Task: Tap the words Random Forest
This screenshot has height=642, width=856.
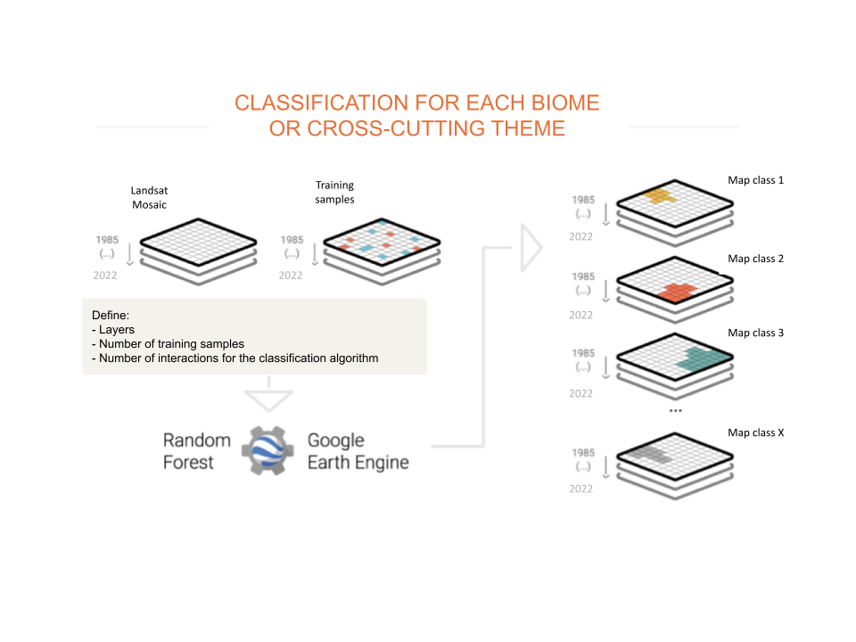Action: click(x=196, y=451)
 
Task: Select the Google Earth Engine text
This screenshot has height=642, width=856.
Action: click(x=358, y=451)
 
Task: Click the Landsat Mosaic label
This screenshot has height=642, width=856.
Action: click(x=148, y=197)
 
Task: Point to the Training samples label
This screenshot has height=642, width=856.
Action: click(x=334, y=192)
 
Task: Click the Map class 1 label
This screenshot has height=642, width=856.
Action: click(x=755, y=180)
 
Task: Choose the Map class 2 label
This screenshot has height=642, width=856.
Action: click(x=755, y=259)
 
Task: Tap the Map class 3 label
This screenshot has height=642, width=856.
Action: click(x=755, y=333)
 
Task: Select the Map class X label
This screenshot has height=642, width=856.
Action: click(x=755, y=432)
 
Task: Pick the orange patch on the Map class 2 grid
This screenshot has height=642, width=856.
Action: click(x=677, y=291)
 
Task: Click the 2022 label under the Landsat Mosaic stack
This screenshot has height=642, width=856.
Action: click(x=105, y=276)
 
